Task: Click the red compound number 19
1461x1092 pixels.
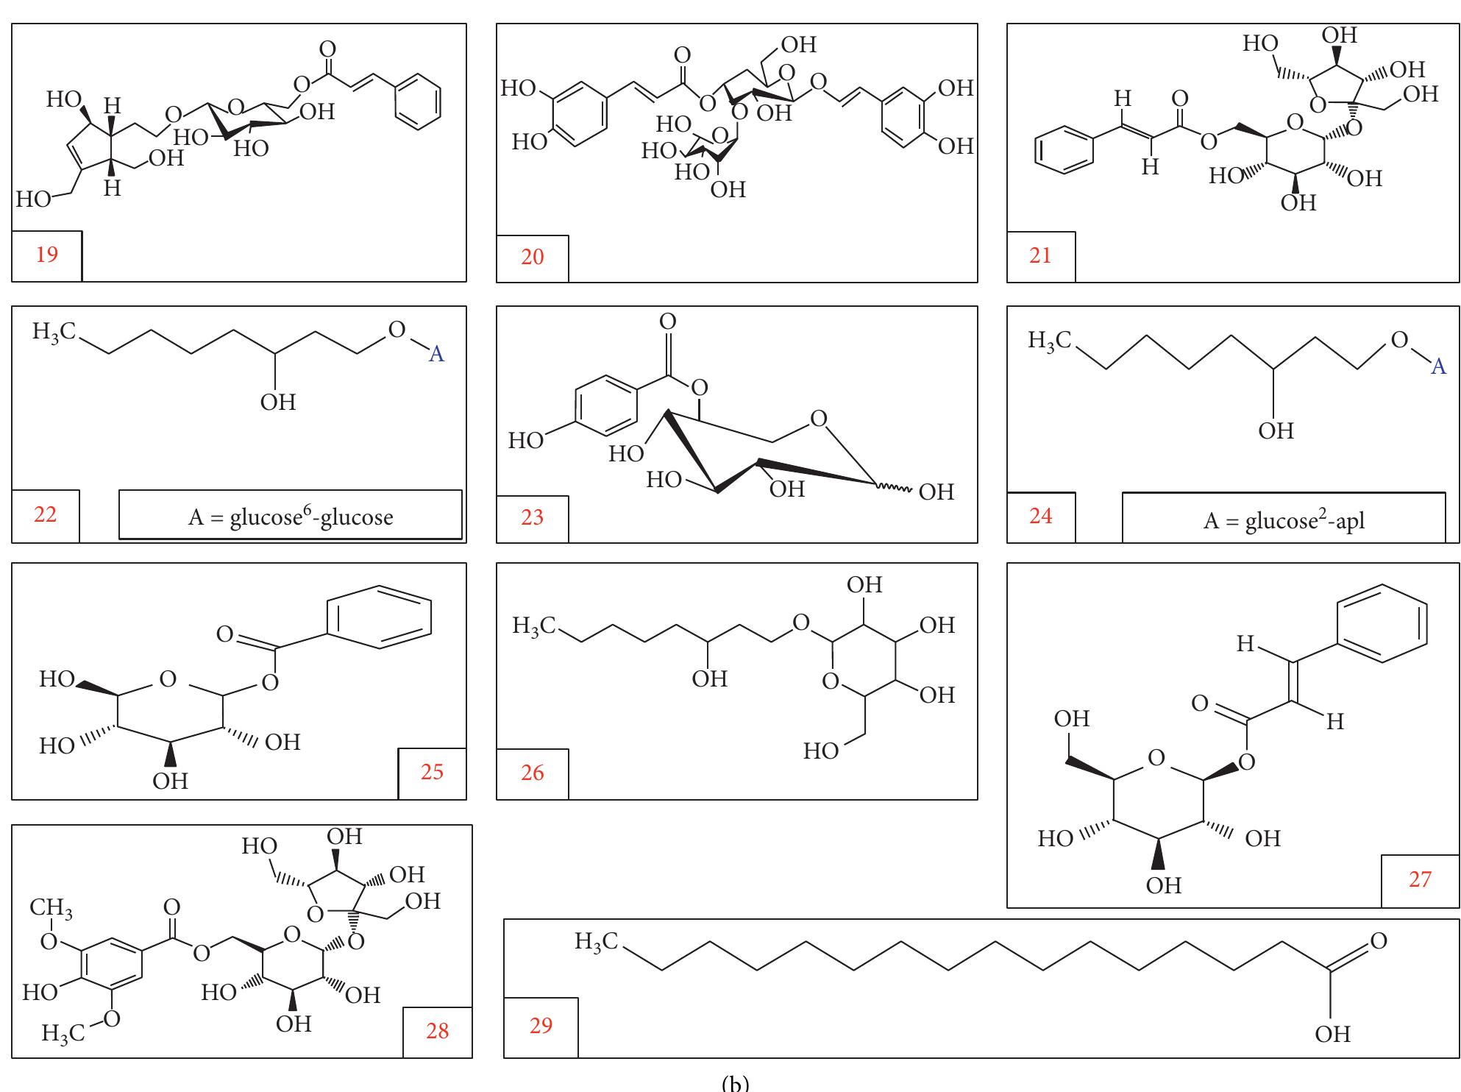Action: (x=46, y=255)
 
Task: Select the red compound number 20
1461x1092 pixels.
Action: (x=532, y=257)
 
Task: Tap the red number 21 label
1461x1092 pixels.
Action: (x=1040, y=255)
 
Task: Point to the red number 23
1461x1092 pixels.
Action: (x=532, y=517)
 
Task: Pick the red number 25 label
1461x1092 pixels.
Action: (x=432, y=771)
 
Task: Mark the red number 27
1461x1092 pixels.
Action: (x=1420, y=879)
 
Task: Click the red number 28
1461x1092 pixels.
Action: (x=437, y=1030)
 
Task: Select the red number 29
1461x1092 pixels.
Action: (x=541, y=1024)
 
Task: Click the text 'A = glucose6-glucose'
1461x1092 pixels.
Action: (x=291, y=517)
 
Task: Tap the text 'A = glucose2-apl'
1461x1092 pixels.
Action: (x=1284, y=521)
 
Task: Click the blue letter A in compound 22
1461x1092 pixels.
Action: (x=436, y=355)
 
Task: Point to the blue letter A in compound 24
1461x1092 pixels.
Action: (x=1438, y=366)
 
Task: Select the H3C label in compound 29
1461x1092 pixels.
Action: (x=597, y=941)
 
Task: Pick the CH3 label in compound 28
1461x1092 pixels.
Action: (x=51, y=910)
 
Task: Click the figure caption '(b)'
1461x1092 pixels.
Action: (x=735, y=1082)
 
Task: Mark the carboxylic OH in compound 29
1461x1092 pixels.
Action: (x=1333, y=1034)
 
